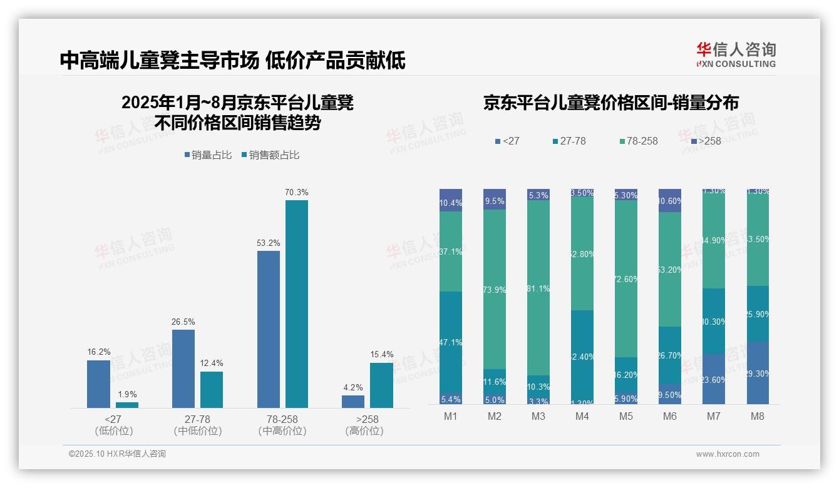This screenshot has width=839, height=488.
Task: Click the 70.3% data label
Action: pos(296,192)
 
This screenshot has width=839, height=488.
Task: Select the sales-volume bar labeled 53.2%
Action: pos(269,329)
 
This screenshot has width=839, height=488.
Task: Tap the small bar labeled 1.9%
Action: pos(126,405)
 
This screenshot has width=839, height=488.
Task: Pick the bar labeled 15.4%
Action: pos(381,385)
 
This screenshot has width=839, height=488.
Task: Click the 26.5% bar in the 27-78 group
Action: pos(183,369)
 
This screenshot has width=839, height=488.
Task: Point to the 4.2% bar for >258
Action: pos(353,401)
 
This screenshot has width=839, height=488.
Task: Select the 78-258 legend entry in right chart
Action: pos(638,141)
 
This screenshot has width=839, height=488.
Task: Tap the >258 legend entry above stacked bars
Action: pos(706,141)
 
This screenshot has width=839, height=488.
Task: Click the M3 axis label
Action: pos(538,416)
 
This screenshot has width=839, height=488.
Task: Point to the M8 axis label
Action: pos(757,416)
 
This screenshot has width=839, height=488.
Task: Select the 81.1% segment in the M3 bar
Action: pos(538,288)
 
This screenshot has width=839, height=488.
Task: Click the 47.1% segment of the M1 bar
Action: pos(451,342)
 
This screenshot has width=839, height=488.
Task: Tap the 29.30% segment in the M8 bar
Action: pos(757,373)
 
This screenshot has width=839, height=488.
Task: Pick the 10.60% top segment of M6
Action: pos(670,201)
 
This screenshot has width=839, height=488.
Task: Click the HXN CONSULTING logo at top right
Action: pos(736,54)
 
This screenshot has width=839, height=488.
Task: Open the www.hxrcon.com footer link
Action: pos(728,454)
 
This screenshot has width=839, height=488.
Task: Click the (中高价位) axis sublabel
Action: pos(282,431)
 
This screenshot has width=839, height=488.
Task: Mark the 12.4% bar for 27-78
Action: pos(212,389)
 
